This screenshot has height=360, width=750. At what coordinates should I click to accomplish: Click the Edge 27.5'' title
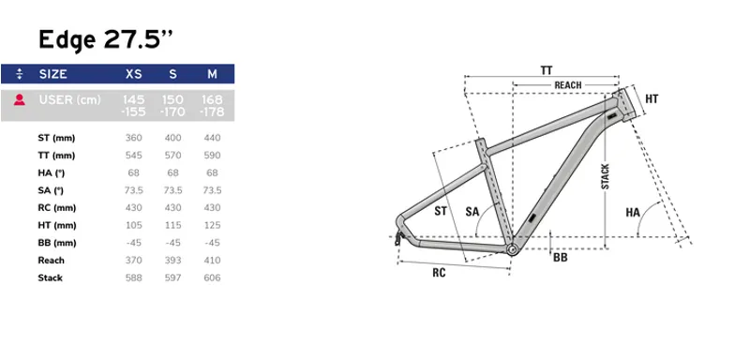point(105,39)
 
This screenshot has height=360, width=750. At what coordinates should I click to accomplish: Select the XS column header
point(133,74)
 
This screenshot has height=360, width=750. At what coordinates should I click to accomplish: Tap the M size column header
point(212,74)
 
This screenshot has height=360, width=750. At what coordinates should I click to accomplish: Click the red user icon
point(19,100)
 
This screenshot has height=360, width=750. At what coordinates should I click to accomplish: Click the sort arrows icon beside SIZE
point(19,74)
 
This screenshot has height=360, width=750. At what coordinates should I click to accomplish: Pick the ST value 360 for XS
point(133,138)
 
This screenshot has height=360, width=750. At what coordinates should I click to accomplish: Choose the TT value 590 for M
point(212,156)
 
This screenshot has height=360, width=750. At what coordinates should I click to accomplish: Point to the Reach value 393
point(172,260)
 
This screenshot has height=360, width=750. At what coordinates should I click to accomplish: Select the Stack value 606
point(212,277)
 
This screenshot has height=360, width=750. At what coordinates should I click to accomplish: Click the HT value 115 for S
point(172,225)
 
